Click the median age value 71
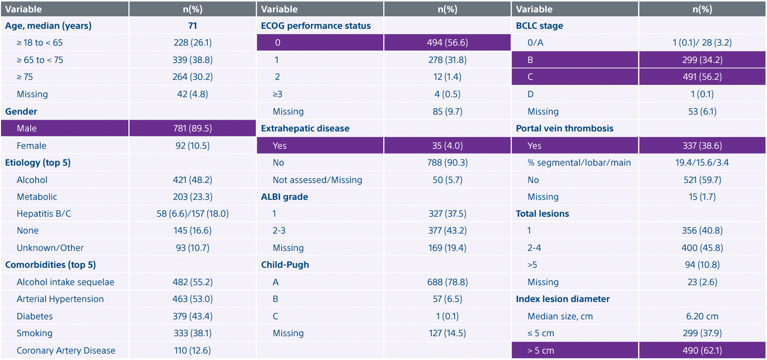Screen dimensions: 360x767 pyautogui.click(x=192, y=26)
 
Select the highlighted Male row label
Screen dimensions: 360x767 pyautogui.click(x=27, y=128)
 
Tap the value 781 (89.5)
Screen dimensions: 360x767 pyautogui.click(x=192, y=128)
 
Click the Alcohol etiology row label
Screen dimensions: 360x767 pyautogui.click(x=32, y=180)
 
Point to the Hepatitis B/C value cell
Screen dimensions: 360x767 pyautogui.click(x=192, y=214)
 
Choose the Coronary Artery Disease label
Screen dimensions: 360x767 pyautogui.click(x=66, y=351)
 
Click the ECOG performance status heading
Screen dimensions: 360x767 pyautogui.click(x=316, y=26)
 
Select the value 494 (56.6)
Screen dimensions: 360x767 pyautogui.click(x=447, y=43)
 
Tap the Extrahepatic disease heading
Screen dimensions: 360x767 pyautogui.click(x=305, y=128)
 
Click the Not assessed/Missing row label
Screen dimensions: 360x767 pyautogui.click(x=317, y=180)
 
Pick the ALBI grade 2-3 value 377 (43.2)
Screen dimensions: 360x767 pyautogui.click(x=447, y=231)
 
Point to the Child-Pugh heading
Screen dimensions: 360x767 pyautogui.click(x=285, y=265)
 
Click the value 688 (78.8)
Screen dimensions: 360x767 pyautogui.click(x=447, y=282)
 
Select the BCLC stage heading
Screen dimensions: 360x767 pyautogui.click(x=539, y=26)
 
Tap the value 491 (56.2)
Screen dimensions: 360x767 pyautogui.click(x=702, y=77)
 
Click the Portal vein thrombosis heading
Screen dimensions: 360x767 pyautogui.click(x=565, y=128)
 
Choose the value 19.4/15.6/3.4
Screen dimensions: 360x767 pyautogui.click(x=702, y=163)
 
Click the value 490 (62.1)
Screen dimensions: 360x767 pyautogui.click(x=702, y=351)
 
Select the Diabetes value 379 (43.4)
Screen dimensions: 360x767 pyautogui.click(x=192, y=316)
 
